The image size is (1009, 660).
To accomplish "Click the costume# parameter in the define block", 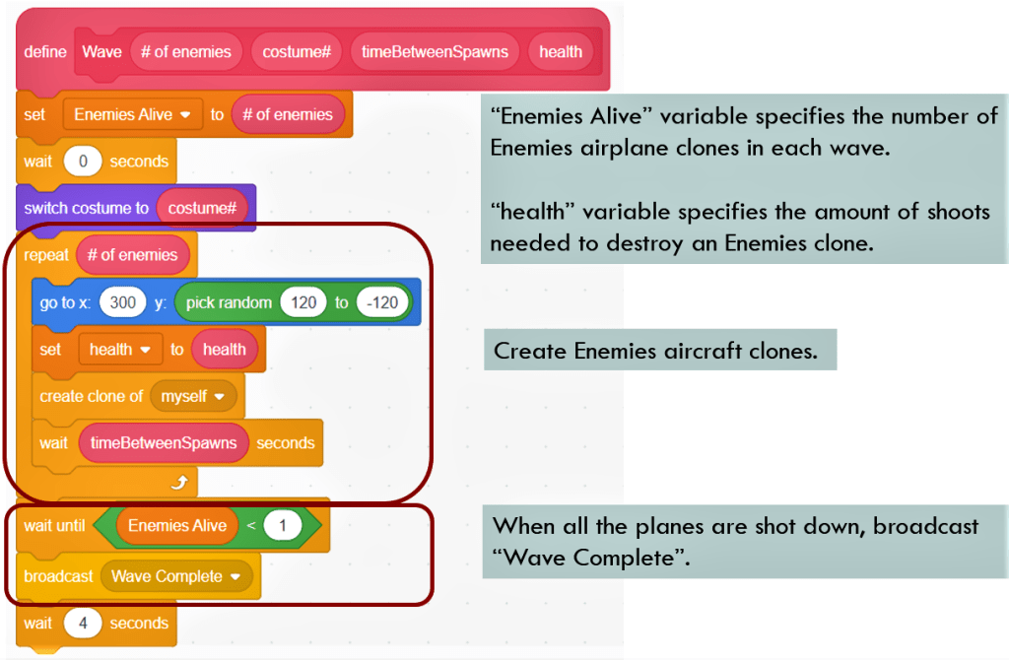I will click(x=297, y=52).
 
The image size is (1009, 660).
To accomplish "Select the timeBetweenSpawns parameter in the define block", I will click(x=434, y=52).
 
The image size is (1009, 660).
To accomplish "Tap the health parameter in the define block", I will click(x=560, y=52).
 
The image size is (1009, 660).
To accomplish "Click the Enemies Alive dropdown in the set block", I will click(x=132, y=114).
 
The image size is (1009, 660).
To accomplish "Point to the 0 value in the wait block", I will click(x=82, y=162).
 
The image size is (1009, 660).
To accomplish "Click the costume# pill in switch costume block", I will click(x=202, y=208).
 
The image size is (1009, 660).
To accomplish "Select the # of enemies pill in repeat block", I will click(x=132, y=255).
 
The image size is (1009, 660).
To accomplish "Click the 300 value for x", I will click(x=123, y=302).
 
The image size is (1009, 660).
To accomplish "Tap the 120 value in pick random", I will click(x=303, y=302).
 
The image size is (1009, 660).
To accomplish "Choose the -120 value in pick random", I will click(x=382, y=302).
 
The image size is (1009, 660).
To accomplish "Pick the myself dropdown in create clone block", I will click(x=193, y=396).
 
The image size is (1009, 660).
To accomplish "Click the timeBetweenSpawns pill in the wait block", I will click(x=164, y=443).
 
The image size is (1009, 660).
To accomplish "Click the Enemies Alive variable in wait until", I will click(x=177, y=526).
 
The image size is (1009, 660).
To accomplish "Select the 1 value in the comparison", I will click(x=282, y=526).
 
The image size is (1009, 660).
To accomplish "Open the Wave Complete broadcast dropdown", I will click(x=175, y=576).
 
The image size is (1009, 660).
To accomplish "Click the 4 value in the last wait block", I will click(x=82, y=624).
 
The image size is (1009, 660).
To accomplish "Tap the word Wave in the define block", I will click(x=101, y=52).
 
